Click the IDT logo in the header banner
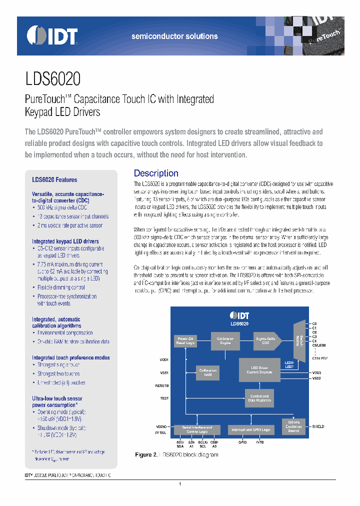52,36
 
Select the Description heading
156,173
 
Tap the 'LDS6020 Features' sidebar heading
54,179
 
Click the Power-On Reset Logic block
185,341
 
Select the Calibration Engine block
225,341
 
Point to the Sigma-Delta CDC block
266,341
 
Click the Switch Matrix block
299,341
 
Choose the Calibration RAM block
207,372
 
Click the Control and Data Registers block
259,398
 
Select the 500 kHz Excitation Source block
293,426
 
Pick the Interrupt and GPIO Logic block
250,429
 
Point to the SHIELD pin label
318,426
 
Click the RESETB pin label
162,386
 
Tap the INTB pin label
260,442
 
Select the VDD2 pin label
316,372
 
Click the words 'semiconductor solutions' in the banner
174,36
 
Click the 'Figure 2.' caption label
146,455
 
